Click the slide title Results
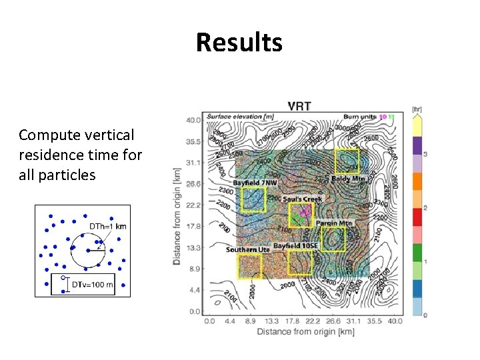coord(239,43)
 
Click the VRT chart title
coord(299,106)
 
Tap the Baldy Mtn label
coord(348,179)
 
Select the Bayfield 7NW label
coord(255,182)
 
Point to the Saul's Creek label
coord(302,199)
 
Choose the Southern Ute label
coord(247,249)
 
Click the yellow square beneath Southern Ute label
coord(249,265)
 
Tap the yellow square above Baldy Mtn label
coord(347,161)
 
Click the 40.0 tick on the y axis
coord(193,121)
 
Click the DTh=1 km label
coord(108,226)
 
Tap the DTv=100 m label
coord(93,285)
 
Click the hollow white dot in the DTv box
coord(63,278)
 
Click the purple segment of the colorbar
coord(417,145)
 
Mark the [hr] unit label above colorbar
coord(417,109)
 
